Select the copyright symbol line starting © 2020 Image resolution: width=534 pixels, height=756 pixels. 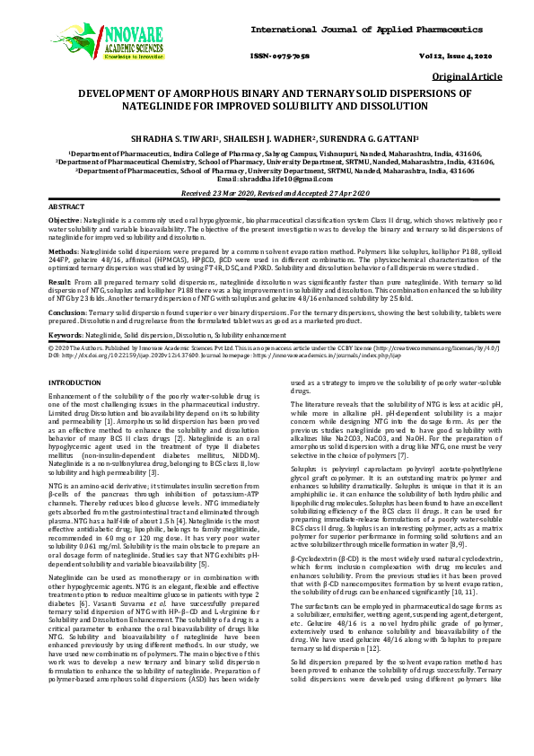(267, 347)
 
